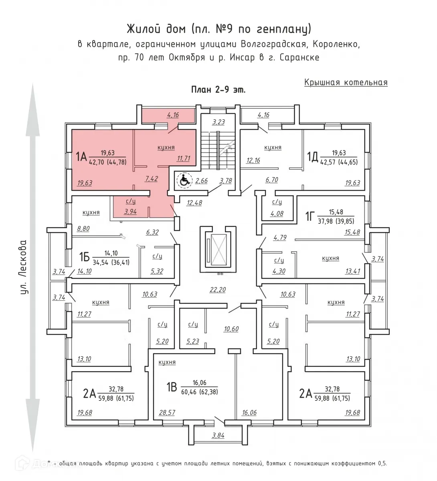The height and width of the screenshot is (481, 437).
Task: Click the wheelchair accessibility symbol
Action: click(x=184, y=180)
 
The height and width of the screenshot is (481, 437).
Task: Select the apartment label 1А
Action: click(x=81, y=157)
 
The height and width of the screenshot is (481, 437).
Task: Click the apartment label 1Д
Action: click(x=313, y=157)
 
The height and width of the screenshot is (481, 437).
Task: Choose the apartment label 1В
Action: click(x=172, y=387)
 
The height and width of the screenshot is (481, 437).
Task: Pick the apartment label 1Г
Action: click(x=310, y=216)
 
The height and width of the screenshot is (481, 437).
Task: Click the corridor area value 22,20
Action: click(x=218, y=290)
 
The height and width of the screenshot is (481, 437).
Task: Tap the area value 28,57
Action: click(x=167, y=412)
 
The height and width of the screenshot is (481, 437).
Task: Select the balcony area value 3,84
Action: click(x=218, y=435)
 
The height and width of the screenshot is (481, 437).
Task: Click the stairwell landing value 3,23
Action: click(x=218, y=122)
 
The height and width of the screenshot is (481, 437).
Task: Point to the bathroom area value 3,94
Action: click(x=130, y=212)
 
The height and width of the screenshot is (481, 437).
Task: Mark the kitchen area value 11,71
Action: click(x=184, y=158)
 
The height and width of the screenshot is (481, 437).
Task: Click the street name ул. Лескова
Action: click(x=24, y=267)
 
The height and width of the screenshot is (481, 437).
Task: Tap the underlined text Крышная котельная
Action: click(x=346, y=83)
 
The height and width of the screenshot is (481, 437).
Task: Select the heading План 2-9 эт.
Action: click(x=218, y=90)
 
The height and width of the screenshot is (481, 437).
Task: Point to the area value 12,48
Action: click(x=194, y=203)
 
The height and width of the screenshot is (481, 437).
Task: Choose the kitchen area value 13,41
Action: click(x=352, y=271)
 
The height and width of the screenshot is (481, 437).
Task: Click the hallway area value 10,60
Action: click(x=231, y=329)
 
